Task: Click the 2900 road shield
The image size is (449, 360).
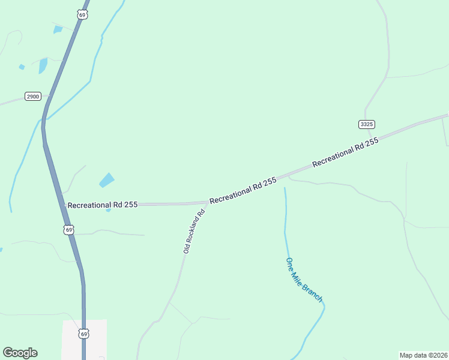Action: [32, 96]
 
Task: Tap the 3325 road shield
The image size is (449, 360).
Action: [366, 124]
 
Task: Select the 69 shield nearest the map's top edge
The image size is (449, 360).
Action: [82, 14]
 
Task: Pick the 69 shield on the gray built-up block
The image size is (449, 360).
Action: [83, 333]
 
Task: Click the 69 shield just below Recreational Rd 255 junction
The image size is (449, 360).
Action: [69, 230]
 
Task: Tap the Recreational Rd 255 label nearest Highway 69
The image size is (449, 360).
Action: [103, 205]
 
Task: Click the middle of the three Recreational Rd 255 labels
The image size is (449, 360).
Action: [243, 190]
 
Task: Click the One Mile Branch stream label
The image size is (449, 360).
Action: [304, 280]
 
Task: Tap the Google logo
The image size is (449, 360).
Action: [20, 353]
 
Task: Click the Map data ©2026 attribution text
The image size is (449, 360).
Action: [423, 355]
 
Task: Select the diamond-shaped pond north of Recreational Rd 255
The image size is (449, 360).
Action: [107, 179]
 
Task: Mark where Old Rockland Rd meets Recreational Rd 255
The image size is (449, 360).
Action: [207, 203]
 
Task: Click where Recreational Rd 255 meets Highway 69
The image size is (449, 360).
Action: [64, 205]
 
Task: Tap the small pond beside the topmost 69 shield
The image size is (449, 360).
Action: [58, 29]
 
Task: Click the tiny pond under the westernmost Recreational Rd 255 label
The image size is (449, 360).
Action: [108, 210]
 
